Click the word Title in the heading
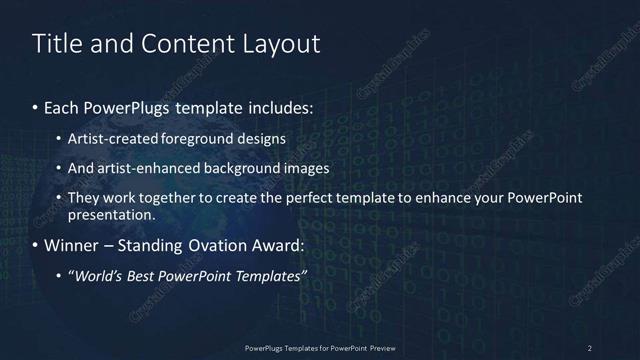[59, 44]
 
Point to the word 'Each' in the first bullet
[61, 107]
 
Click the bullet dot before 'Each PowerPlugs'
[36, 107]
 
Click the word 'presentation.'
[111, 214]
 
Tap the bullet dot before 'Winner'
[36, 245]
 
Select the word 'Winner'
[73, 245]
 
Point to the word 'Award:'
[282, 245]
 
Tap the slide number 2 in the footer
[590, 347]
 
